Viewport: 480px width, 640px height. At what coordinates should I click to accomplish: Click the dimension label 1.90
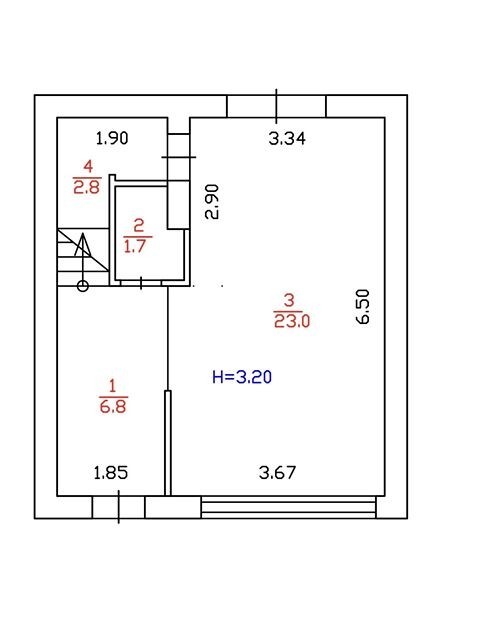click(x=112, y=138)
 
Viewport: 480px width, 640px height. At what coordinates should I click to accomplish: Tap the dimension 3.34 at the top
click(x=287, y=139)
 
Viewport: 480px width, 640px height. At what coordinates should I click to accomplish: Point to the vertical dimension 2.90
click(x=212, y=202)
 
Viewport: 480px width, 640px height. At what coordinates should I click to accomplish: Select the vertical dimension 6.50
click(x=362, y=307)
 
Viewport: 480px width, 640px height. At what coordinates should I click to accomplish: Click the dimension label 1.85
click(x=111, y=473)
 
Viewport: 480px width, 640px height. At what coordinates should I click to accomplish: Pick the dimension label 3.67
click(x=277, y=473)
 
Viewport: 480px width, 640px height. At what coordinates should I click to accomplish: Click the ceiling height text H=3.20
click(x=242, y=377)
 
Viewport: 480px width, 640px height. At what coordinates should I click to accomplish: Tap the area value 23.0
click(x=292, y=321)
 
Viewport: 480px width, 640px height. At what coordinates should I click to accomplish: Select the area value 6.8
click(x=113, y=407)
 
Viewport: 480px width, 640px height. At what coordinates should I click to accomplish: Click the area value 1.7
click(x=135, y=247)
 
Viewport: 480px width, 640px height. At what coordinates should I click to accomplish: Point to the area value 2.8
click(x=87, y=187)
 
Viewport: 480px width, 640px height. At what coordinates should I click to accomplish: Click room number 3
click(x=289, y=300)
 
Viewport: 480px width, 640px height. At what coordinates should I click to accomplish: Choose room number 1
click(x=112, y=386)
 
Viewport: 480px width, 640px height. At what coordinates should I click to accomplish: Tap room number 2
click(x=139, y=225)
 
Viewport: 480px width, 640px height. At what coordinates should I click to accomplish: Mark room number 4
click(x=88, y=167)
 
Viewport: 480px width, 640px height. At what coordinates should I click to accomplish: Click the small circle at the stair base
click(x=83, y=286)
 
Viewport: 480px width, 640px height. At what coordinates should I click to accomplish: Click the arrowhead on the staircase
click(x=83, y=244)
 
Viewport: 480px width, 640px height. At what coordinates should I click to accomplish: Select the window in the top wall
click(x=277, y=107)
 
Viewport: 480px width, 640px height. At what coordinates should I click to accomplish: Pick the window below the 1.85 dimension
click(x=118, y=507)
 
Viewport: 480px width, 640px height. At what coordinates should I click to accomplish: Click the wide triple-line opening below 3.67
click(x=288, y=507)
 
